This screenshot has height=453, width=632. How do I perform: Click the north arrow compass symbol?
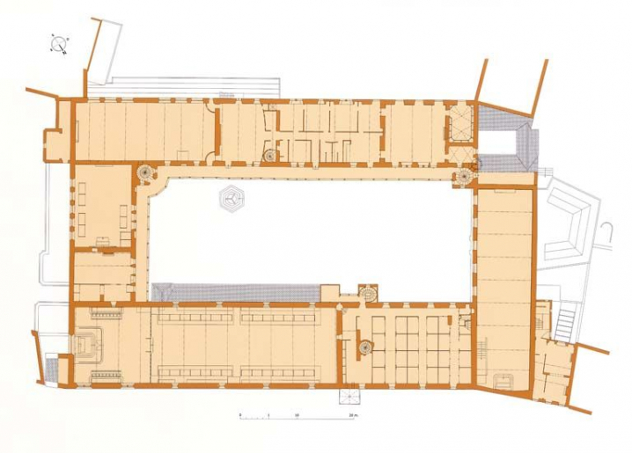(60, 44)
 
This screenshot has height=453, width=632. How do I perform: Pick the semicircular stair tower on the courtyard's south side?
(367, 290)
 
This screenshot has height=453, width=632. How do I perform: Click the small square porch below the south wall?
(345, 395)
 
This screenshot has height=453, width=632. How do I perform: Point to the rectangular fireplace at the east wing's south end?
(504, 380)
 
